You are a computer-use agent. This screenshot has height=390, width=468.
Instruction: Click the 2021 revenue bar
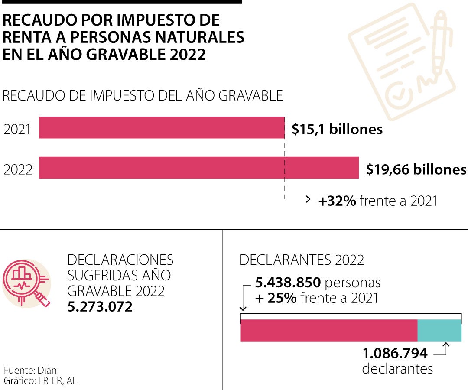[x=161, y=127]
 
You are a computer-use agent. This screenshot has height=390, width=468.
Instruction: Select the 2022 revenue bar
[x=198, y=168]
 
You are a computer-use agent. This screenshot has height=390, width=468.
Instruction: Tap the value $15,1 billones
[x=337, y=129]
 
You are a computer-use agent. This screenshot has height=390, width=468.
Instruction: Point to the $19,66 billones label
[x=416, y=169]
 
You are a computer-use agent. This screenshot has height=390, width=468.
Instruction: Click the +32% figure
[x=337, y=201]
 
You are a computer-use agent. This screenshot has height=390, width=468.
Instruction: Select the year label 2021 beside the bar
[x=17, y=129]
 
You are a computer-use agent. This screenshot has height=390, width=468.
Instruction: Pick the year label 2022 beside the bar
[x=18, y=169]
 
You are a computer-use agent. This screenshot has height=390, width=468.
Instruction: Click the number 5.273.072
[x=100, y=307]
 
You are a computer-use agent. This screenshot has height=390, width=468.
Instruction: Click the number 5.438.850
[x=288, y=283]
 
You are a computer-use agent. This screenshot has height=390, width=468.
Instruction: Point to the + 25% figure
[x=276, y=298]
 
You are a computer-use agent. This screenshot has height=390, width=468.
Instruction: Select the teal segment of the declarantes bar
[x=439, y=331]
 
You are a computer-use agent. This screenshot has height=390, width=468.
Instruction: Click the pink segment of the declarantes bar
[x=328, y=331]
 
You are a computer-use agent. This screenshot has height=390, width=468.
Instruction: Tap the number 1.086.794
[x=395, y=354]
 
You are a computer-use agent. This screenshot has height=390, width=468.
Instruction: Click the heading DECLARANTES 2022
[x=302, y=260]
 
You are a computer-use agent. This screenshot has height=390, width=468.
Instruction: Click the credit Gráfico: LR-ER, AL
[x=41, y=381]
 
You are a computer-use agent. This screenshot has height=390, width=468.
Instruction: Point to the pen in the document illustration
[x=439, y=43]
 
